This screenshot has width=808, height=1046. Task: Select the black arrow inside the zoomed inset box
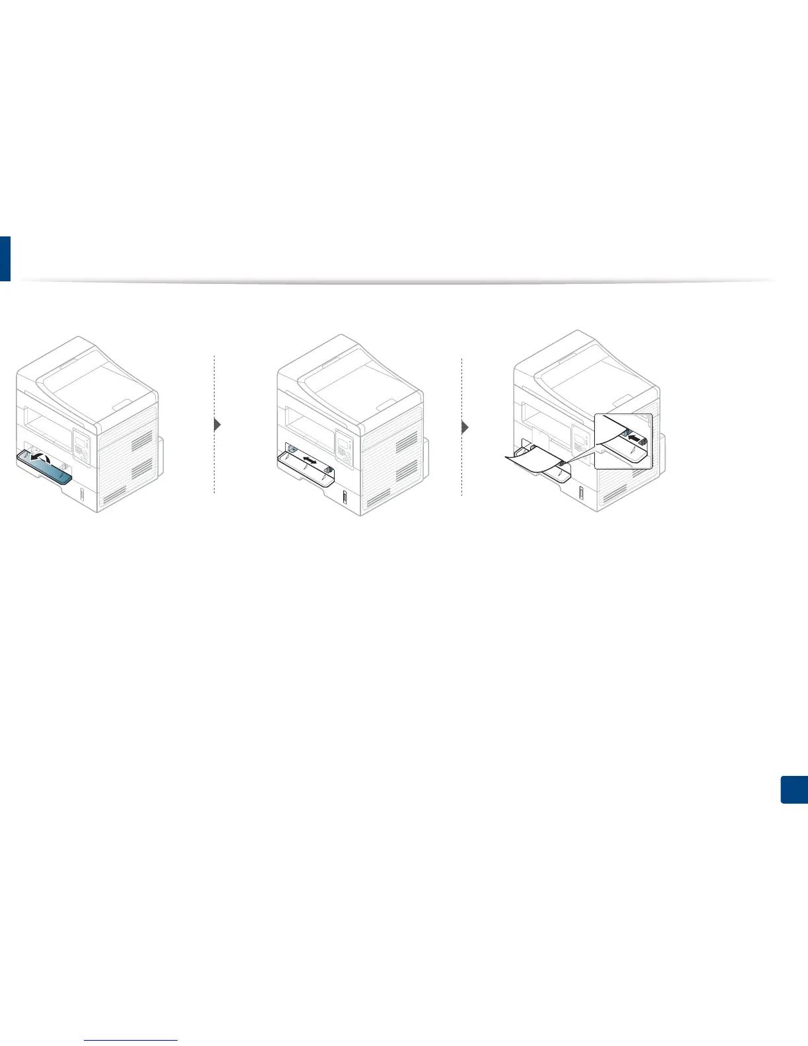[x=633, y=438]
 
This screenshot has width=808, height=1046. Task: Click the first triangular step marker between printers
[x=217, y=426]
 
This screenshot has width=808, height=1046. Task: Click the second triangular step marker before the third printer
[x=465, y=427]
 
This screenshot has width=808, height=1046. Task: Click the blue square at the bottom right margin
[x=794, y=790]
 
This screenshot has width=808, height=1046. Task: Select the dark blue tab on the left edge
[x=5, y=258]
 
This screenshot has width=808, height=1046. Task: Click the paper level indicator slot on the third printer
[x=582, y=493]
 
